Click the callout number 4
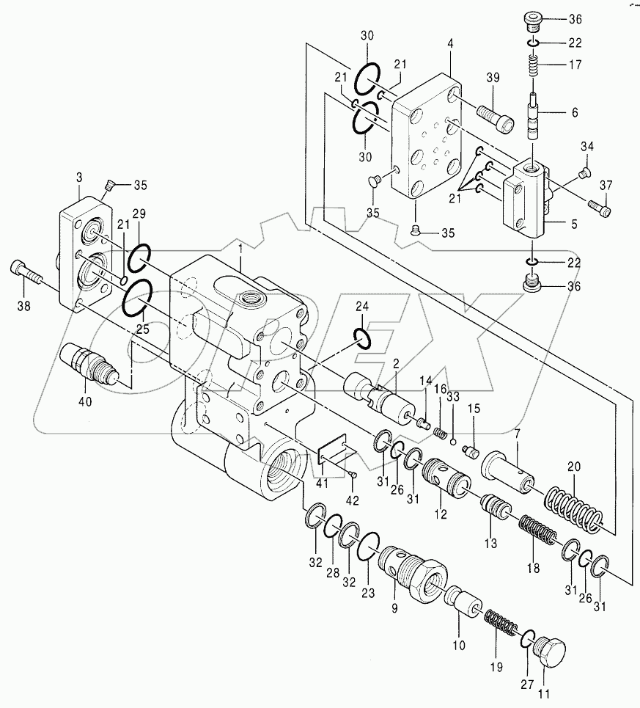click(x=451, y=44)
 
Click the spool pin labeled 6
click(x=534, y=113)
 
